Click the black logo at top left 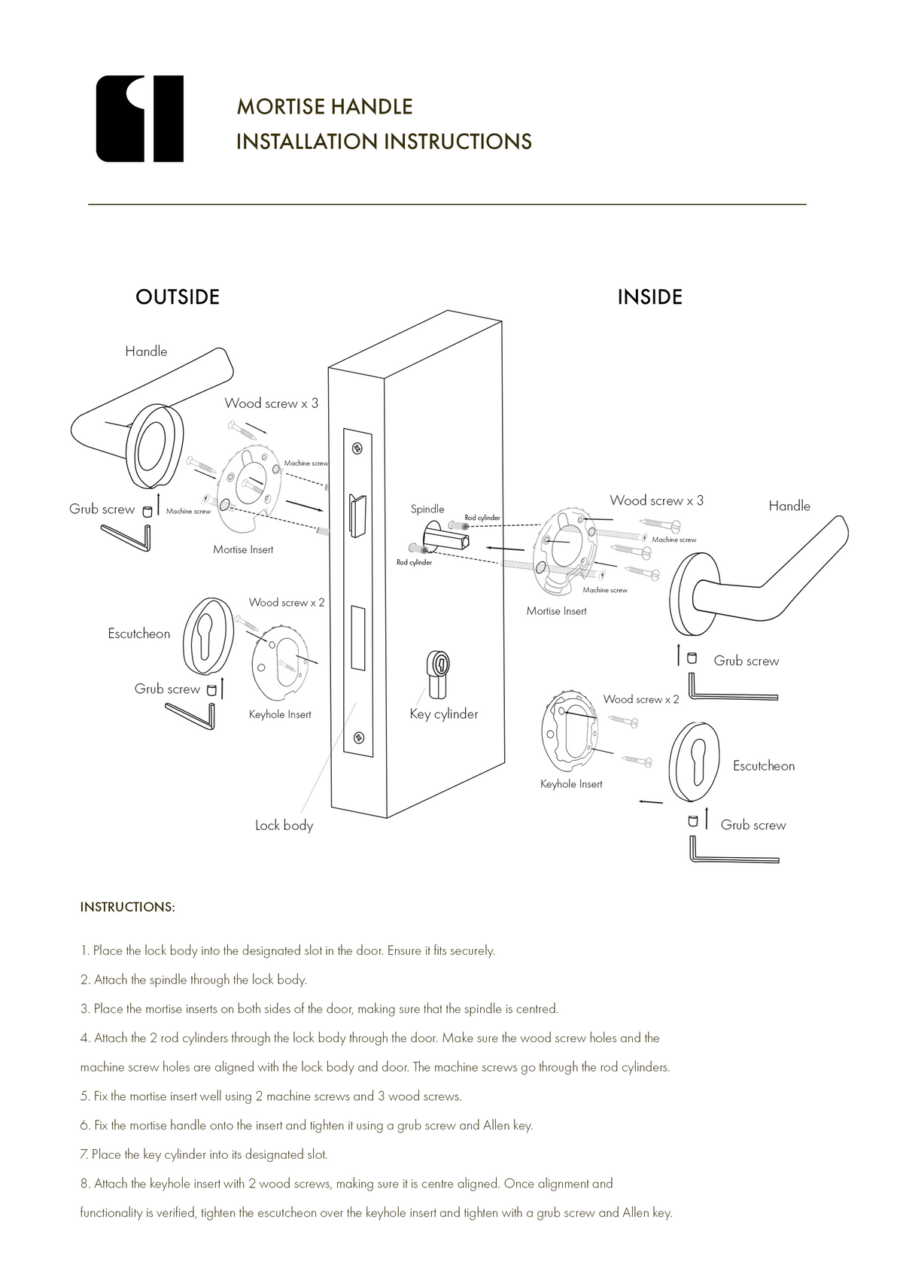click(140, 119)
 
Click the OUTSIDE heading click(178, 297)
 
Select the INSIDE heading click(649, 297)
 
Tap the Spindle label click(427, 509)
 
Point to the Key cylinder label click(444, 714)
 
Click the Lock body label click(284, 825)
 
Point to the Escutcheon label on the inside click(763, 766)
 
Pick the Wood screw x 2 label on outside click(287, 603)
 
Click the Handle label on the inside click(789, 506)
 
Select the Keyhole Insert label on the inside click(571, 784)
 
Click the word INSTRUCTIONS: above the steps click(127, 907)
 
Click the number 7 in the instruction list click(84, 1154)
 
